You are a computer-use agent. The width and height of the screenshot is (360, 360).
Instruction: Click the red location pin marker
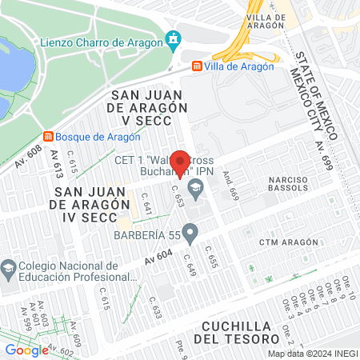point(182,163)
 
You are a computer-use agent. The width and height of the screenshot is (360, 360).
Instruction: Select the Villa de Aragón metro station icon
point(197,66)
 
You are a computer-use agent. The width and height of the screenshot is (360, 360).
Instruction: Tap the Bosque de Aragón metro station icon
point(48,136)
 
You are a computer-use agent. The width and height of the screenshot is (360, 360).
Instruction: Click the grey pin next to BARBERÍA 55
point(190,234)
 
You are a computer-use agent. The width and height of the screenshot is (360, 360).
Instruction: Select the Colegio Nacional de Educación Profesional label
point(64,275)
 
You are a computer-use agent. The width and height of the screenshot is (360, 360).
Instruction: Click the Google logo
point(26,350)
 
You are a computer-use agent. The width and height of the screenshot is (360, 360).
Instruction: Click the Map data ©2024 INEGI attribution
point(312,354)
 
